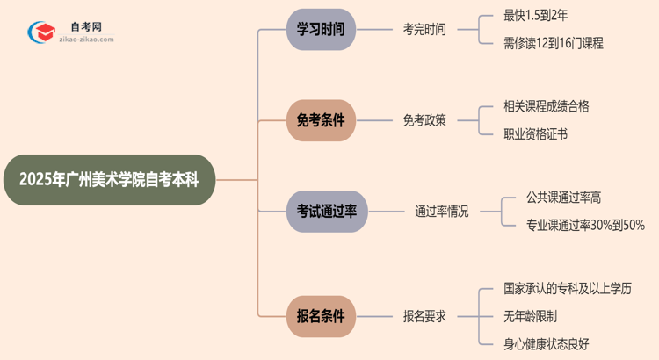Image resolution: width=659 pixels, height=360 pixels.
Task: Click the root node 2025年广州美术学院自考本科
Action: click(110, 180)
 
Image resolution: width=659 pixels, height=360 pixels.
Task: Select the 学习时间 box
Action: click(321, 29)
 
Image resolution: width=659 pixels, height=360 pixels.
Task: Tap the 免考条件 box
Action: click(321, 120)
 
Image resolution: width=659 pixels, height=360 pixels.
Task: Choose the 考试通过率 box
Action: click(327, 211)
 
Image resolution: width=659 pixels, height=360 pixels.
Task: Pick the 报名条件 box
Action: click(321, 315)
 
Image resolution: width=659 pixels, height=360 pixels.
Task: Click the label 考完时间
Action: click(424, 29)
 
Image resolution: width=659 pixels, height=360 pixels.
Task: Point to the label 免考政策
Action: click(424, 120)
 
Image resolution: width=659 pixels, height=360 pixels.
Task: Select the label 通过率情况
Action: click(442, 211)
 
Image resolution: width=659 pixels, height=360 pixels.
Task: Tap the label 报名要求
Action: click(424, 315)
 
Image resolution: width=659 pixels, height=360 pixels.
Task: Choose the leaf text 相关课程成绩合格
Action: click(546, 107)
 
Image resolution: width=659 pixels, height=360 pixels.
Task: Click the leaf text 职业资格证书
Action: click(534, 134)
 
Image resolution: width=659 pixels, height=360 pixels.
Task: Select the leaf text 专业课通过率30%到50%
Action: click(585, 225)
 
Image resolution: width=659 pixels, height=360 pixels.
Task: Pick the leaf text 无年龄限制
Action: click(530, 315)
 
